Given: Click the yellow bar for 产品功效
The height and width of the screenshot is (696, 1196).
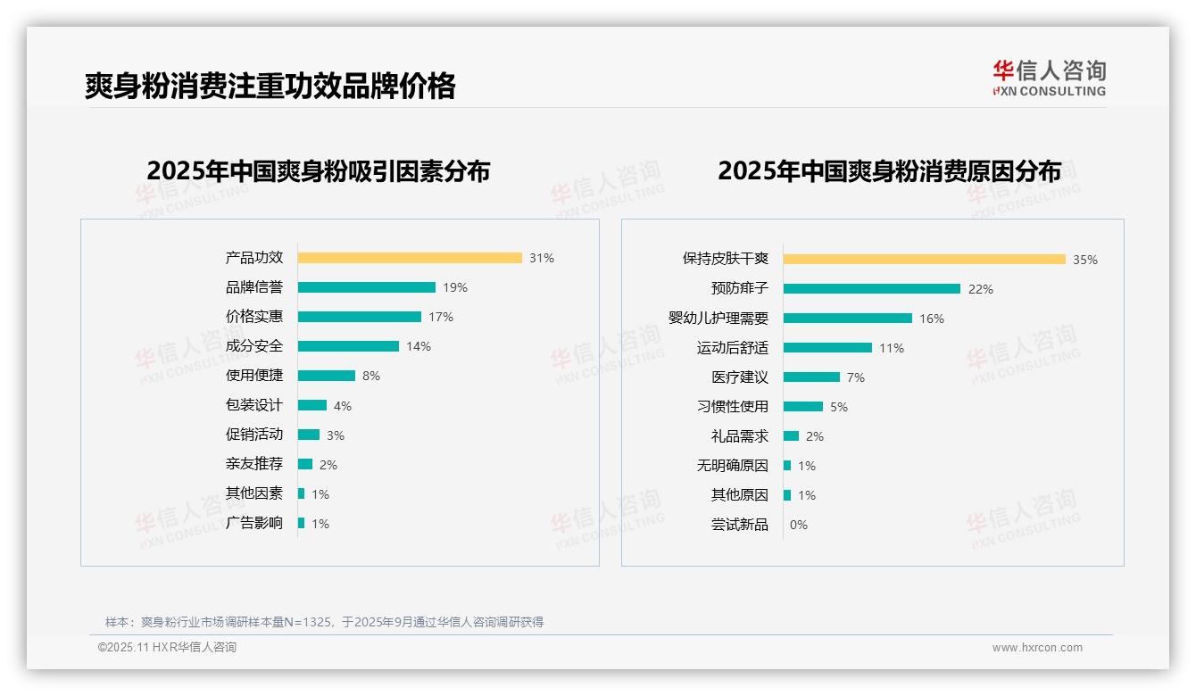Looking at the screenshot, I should point(410,258).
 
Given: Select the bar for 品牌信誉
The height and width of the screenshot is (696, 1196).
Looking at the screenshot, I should point(366,287).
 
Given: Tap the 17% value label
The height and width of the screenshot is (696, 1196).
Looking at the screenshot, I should point(441,317).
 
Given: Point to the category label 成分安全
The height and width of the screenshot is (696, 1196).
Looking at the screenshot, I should point(254,345).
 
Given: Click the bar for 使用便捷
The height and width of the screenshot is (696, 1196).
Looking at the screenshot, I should point(326,376).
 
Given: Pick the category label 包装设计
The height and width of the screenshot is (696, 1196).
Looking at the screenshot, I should point(254,405).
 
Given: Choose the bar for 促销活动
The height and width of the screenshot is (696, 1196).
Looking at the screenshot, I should point(309,435).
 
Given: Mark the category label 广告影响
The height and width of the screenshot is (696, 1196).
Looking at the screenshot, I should point(254,523).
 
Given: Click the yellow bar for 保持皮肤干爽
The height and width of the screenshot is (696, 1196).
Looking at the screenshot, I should point(924,259).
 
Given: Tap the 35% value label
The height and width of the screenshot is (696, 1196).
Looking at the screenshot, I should point(1085,260).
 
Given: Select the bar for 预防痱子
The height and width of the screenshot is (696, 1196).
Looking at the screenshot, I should point(871,288).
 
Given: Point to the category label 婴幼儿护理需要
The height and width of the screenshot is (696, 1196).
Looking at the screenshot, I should point(718,318).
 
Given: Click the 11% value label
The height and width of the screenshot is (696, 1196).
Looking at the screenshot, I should point(892,348).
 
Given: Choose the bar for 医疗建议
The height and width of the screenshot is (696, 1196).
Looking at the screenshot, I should point(811,377).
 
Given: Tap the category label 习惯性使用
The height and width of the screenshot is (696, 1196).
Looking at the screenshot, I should point(733,406).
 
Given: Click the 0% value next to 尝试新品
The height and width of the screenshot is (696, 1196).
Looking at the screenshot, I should point(799,525).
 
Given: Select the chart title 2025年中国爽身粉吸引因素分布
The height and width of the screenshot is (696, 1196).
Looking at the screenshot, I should point(319,171).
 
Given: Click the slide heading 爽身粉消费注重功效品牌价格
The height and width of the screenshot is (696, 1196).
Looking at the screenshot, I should point(270,86).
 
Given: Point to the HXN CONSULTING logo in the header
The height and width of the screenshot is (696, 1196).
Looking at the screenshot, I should point(1049,79).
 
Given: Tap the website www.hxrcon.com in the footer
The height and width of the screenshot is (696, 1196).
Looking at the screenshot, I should point(1037,648).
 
